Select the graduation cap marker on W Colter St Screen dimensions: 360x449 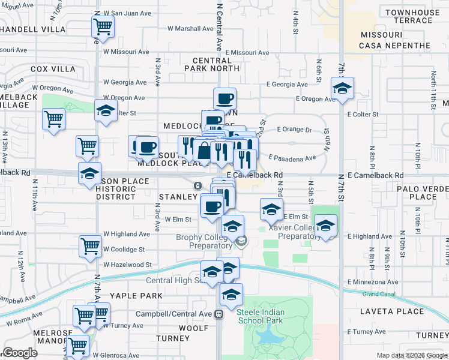click(x=106, y=112)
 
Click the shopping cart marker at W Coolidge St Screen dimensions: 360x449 click(x=90, y=245)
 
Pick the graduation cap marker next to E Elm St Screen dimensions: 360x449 click(x=271, y=210)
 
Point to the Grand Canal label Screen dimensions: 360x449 click(x=379, y=294)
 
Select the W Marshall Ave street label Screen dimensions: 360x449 click(x=190, y=28)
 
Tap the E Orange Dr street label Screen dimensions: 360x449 click(x=295, y=129)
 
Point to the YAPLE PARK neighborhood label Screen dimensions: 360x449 click(x=136, y=296)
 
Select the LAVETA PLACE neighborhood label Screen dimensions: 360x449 click(x=392, y=311)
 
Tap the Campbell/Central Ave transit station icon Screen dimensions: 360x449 click(x=220, y=313)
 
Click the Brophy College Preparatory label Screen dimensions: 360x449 click(x=204, y=241)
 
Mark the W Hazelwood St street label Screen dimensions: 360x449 click(x=127, y=265)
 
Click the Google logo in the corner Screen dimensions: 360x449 click(x=20, y=353)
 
